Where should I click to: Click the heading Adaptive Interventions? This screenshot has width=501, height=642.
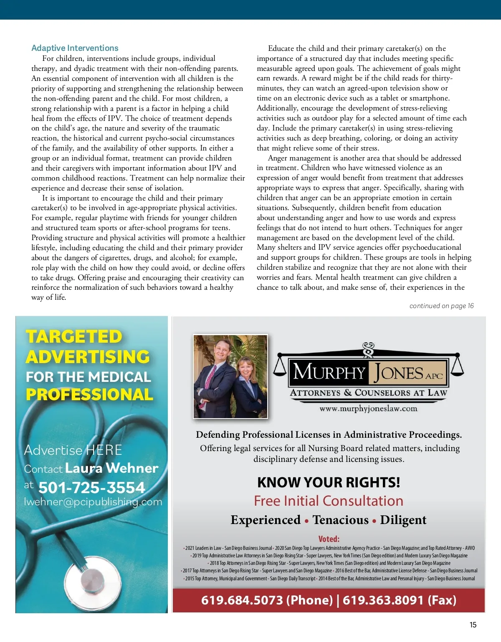point(75,48)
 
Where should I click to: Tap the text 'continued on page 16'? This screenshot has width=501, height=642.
point(441,306)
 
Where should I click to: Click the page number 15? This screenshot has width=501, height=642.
point(473,624)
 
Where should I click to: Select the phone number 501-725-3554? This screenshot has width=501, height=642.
point(91,487)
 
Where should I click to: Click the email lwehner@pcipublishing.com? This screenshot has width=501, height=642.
point(93,502)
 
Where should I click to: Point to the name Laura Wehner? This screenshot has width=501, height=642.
point(111,468)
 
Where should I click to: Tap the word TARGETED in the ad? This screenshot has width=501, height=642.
point(74,336)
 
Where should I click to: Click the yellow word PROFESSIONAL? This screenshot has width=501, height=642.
point(89,394)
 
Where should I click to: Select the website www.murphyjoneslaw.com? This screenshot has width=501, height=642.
point(368,409)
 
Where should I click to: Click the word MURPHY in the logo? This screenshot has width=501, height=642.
point(329,372)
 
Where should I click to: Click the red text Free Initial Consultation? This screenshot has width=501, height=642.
point(329,501)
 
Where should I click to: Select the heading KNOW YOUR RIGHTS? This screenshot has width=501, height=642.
point(329,482)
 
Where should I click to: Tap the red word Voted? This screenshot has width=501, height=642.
point(329,539)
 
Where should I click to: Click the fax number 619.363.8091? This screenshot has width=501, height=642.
point(383,600)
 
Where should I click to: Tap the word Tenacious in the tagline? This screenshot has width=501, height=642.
point(340,520)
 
